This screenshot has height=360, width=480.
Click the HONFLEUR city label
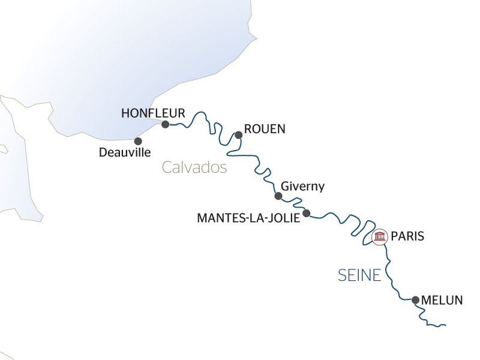point(153,113)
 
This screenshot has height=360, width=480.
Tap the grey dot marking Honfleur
point(165,124)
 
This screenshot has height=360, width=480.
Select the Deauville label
point(124,153)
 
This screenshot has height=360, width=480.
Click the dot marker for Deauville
point(138,141)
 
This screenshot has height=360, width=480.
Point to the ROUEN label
point(265,129)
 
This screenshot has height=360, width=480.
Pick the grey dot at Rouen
point(238,135)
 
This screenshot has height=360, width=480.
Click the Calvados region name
point(194,167)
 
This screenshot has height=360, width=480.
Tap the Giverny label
point(302,186)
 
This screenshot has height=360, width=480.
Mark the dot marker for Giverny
point(278,196)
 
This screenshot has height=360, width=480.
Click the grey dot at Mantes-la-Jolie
point(306,213)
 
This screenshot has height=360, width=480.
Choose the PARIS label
point(407,236)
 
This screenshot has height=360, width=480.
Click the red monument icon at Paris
point(379,237)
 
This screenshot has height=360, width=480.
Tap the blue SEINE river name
point(359,275)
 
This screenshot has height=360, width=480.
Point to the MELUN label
point(443,300)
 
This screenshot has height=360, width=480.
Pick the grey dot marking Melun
point(415,299)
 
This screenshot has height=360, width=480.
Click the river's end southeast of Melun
point(446,326)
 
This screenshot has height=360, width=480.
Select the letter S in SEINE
point(342,275)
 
